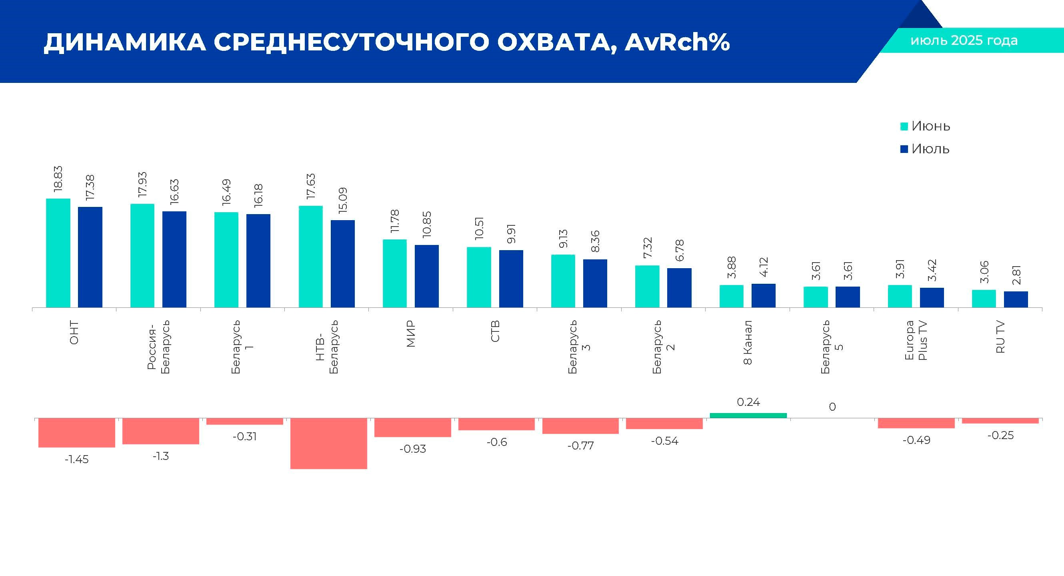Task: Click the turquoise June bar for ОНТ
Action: click(58, 253)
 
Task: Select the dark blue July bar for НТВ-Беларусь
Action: click(342, 264)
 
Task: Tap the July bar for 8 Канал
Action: click(763, 295)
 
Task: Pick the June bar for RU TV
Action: click(984, 298)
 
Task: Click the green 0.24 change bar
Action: click(748, 415)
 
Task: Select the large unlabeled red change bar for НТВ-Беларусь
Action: click(328, 443)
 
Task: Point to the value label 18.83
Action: click(58, 179)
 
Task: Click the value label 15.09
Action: click(342, 201)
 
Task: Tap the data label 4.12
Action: click(764, 267)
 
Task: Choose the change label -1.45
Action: click(76, 459)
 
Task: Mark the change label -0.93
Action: click(412, 449)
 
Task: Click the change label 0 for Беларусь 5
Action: click(832, 407)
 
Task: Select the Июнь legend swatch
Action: click(904, 126)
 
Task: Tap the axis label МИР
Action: click(410, 334)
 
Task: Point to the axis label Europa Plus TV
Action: click(916, 341)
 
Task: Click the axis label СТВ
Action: click(495, 331)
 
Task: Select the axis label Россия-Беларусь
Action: click(158, 347)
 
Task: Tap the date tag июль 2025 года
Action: click(964, 40)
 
